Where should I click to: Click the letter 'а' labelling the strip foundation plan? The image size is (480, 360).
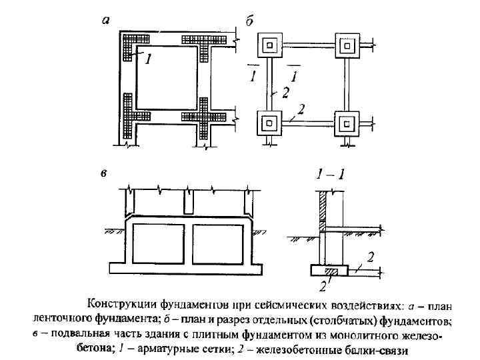[105, 21]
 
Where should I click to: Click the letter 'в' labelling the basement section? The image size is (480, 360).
[103, 175]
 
